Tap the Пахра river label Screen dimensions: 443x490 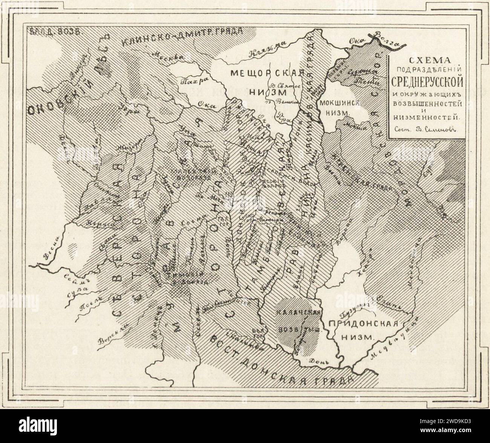pyautogui.click(x=190, y=81)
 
